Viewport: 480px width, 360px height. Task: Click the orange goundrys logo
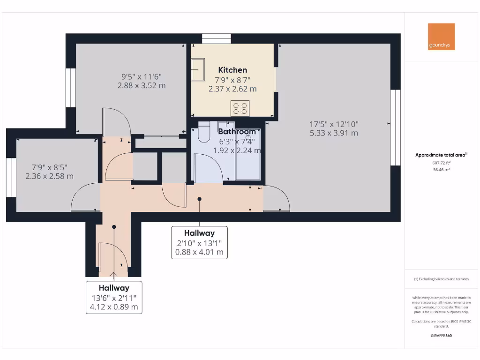pyautogui.click(x=441, y=37)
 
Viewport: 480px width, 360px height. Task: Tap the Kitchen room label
pyautogui.click(x=232, y=70)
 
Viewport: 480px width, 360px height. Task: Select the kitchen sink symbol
pyautogui.click(x=198, y=70)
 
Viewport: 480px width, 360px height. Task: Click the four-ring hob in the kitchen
pyautogui.click(x=240, y=109)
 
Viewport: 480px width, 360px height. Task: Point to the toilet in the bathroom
pyautogui.click(x=204, y=132)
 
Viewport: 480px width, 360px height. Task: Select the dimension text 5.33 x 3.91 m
pyautogui.click(x=334, y=133)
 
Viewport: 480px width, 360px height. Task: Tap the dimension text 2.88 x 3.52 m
pyautogui.click(x=142, y=85)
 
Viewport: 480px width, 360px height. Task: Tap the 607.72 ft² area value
pyautogui.click(x=441, y=163)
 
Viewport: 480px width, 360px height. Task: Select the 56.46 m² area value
pyautogui.click(x=441, y=170)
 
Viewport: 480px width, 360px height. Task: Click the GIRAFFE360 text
pyautogui.click(x=441, y=336)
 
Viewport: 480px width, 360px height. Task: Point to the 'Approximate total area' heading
pyautogui.click(x=441, y=155)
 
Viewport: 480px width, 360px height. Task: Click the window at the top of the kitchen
pyautogui.click(x=217, y=38)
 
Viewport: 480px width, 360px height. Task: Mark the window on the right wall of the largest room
pyautogui.click(x=396, y=127)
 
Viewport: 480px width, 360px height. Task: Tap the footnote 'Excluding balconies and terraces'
pyautogui.click(x=441, y=279)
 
